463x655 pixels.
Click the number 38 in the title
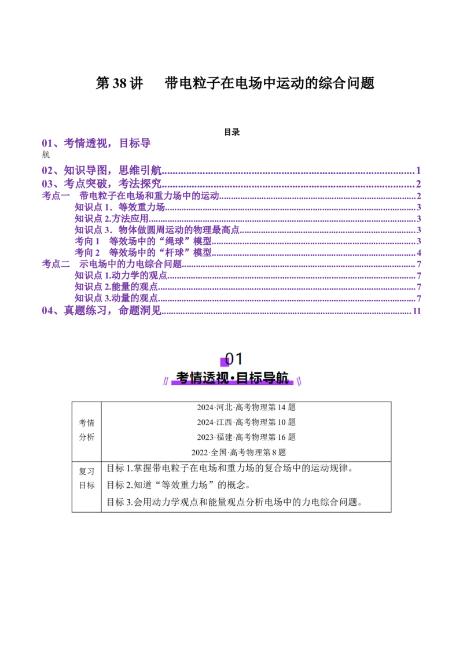point(119,83)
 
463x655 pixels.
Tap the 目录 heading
point(231,132)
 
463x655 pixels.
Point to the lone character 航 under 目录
point(46,154)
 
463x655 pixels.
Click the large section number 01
point(234,359)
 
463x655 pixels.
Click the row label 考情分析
point(87,430)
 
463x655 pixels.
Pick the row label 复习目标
point(87,478)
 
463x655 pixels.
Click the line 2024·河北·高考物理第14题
point(246,407)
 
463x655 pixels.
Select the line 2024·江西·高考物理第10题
point(246,422)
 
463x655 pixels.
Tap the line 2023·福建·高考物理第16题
point(246,437)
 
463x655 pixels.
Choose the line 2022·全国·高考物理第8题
point(239,452)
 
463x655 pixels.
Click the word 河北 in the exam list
point(225,407)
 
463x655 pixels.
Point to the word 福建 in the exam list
point(225,437)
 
